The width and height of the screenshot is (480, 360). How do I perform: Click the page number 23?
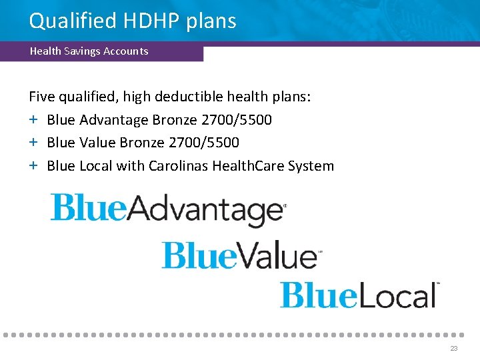(x=454, y=349)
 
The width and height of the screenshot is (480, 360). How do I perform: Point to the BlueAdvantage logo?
(x=167, y=209)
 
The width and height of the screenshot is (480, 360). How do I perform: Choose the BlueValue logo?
(x=241, y=255)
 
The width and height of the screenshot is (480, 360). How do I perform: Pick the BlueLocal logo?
(x=359, y=295)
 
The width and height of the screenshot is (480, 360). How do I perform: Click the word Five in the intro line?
(x=42, y=97)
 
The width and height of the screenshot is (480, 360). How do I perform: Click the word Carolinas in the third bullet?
(x=178, y=166)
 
